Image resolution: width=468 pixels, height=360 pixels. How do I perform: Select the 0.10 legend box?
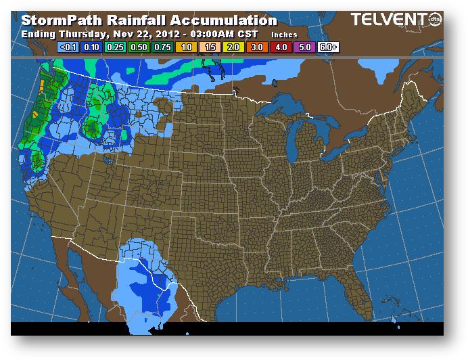90,47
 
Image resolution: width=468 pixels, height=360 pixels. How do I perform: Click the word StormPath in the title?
55,20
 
